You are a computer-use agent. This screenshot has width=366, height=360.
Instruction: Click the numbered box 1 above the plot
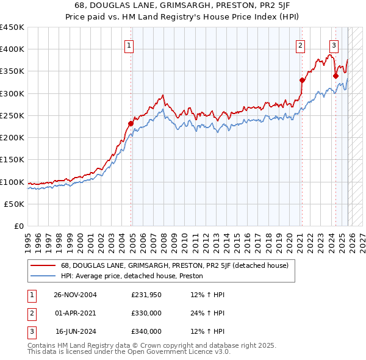130,44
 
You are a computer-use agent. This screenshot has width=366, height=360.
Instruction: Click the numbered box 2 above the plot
301,44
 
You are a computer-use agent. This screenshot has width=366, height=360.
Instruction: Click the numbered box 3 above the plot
334,44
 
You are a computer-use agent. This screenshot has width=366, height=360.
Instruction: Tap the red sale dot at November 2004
131,123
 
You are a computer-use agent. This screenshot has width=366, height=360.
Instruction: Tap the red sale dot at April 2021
302,80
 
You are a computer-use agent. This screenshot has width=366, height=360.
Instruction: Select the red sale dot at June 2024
335,76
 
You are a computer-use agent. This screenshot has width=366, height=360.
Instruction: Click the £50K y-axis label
14,204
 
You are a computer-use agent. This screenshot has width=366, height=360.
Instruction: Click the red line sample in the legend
43,265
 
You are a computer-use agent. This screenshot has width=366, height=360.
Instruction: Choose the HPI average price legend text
132,276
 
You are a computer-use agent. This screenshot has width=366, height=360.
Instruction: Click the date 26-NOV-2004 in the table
75,295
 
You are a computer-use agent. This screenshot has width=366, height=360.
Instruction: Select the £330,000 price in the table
146,313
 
